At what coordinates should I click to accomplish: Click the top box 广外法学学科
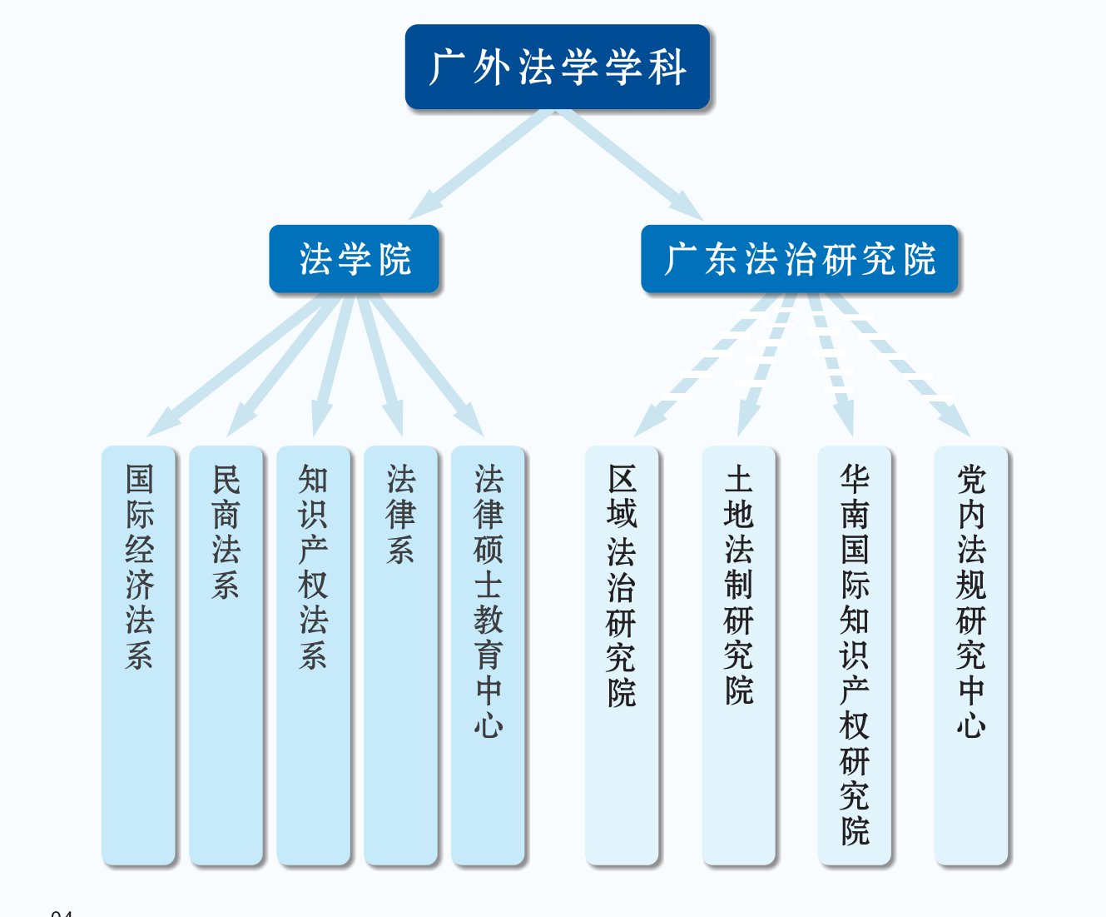pos(557,67)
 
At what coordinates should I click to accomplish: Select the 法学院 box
pos(354,259)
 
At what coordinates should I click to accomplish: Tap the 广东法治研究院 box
pos(799,259)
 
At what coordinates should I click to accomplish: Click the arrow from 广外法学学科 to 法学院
pos(483,163)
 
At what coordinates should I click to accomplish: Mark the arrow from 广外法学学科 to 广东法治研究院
pos(630,163)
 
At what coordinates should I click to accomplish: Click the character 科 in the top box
pos(667,67)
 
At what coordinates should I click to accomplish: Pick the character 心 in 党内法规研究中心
pos(971,725)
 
